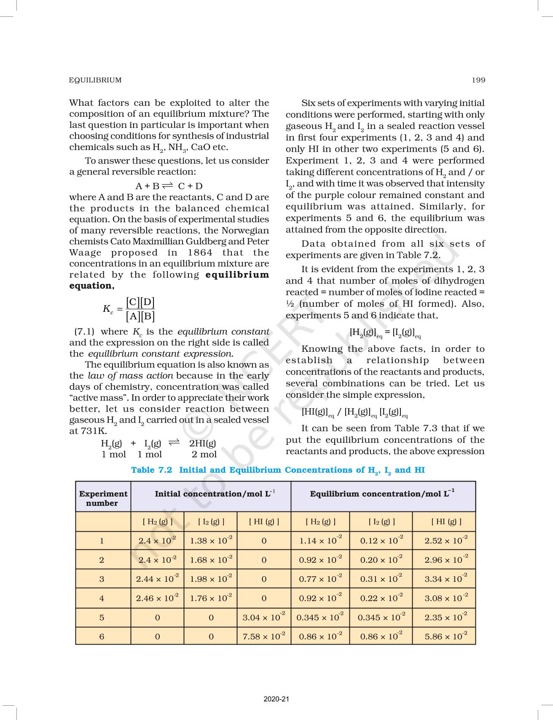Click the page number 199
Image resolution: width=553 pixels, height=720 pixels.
click(478, 80)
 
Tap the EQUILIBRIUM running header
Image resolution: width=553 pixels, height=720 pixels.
click(95, 80)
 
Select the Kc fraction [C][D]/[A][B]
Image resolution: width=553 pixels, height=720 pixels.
click(140, 309)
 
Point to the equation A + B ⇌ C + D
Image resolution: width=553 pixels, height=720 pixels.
click(169, 186)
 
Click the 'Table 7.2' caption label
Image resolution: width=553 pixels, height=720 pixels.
click(152, 470)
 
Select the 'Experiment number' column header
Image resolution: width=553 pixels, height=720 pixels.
click(103, 498)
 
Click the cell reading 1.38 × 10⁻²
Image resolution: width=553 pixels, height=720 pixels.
click(211, 541)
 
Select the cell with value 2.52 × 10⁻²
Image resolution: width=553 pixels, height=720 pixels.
click(446, 541)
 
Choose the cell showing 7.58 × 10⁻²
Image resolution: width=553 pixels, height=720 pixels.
click(264, 636)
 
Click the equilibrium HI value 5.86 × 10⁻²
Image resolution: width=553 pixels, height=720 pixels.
click(446, 636)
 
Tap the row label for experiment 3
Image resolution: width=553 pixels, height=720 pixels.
click(102, 579)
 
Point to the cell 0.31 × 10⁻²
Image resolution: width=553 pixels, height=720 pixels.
click(381, 579)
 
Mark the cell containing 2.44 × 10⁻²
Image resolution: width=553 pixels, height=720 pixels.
click(157, 579)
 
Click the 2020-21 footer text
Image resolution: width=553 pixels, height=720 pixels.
click(276, 699)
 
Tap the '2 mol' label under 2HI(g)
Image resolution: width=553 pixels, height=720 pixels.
click(204, 454)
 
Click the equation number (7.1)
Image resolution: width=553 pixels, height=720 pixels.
click(84, 332)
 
